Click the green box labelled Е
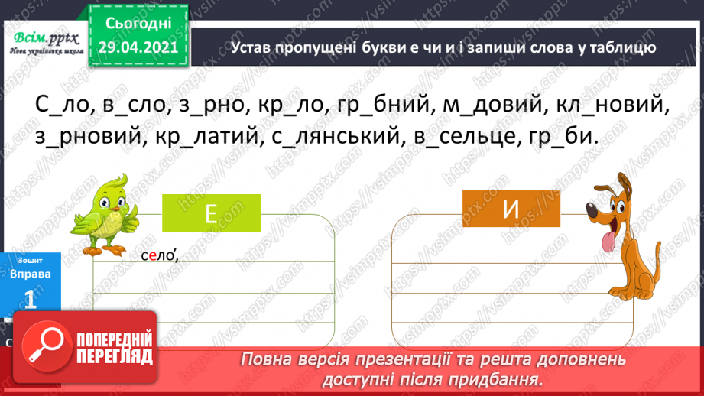point(212,214)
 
